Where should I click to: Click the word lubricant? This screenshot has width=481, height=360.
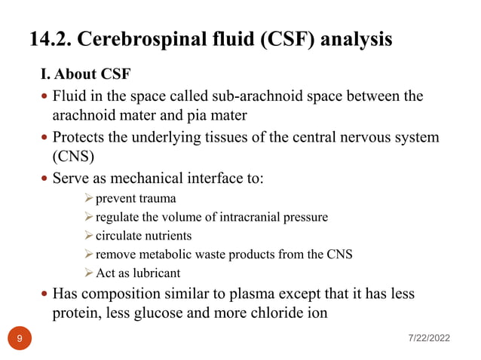coord(156,273)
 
